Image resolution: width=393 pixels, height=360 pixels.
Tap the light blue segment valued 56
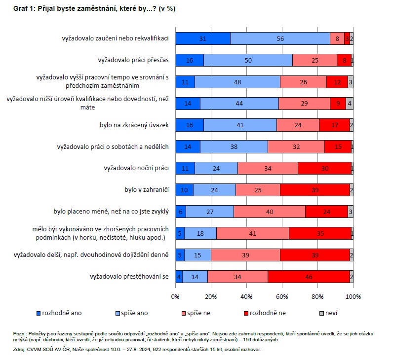click(280, 38)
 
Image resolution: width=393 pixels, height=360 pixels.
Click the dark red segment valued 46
click(309, 277)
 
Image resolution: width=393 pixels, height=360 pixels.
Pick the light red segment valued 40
click(269, 212)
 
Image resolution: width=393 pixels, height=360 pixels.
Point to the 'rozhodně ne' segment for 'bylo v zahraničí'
click(315, 190)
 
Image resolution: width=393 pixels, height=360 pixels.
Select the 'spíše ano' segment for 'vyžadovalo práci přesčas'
click(248, 60)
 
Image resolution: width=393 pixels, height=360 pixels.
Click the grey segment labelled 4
click(349, 104)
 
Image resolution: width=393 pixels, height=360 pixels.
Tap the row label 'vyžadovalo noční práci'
click(136, 168)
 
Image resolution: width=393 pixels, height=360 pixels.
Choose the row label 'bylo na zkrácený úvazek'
click(134, 125)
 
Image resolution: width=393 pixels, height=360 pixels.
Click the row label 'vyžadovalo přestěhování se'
click(129, 277)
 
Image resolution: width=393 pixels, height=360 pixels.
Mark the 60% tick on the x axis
click(282, 297)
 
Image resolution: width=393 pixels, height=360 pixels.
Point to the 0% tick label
click(175, 297)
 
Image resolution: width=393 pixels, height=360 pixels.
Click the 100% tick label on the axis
click(353, 297)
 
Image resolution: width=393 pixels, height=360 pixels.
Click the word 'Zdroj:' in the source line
click(21, 349)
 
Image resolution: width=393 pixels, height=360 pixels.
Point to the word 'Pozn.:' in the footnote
click(21, 334)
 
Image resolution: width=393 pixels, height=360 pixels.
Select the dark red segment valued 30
click(324, 168)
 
